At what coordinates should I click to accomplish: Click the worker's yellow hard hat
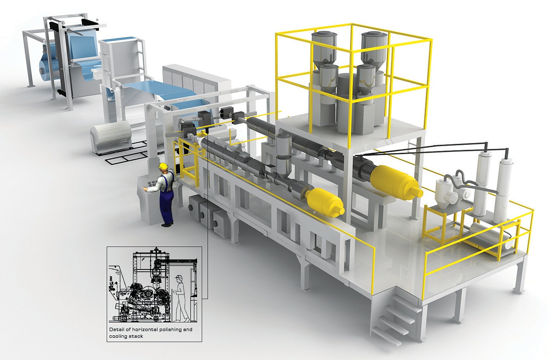pos(163,166)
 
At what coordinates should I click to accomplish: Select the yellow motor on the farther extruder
pos(396,181)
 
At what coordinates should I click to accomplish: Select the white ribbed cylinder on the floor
pos(111,136)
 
